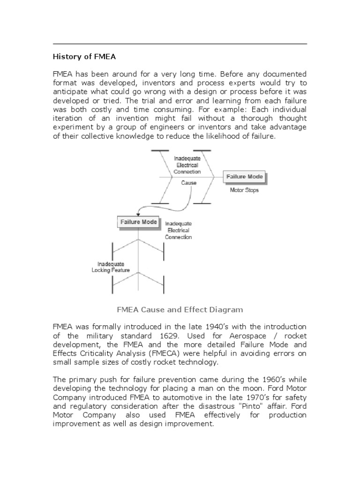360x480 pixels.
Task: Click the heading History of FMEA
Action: coord(83,57)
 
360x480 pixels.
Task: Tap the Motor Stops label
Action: coord(244,190)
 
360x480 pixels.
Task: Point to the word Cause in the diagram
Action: coord(188,182)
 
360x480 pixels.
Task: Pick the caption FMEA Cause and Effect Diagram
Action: coord(180,309)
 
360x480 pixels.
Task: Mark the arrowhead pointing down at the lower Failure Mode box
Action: coord(138,214)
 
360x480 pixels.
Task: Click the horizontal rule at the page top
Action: coord(180,44)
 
